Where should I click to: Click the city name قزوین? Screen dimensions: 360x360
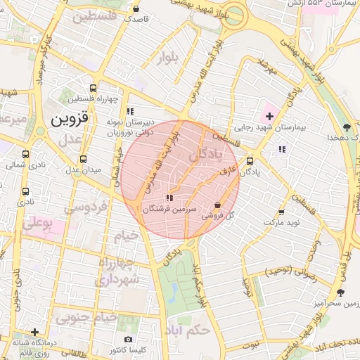(x=70, y=119)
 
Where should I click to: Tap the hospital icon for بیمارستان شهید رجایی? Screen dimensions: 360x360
(x=270, y=115)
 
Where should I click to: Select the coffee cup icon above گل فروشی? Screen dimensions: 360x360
(x=217, y=205)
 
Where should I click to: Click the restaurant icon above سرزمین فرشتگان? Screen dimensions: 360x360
(x=169, y=198)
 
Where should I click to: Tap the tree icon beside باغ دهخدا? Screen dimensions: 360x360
(x=347, y=127)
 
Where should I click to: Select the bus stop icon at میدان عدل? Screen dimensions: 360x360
(x=84, y=159)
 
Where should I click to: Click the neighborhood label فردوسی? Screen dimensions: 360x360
(x=84, y=208)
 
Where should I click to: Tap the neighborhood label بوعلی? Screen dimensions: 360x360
(x=38, y=225)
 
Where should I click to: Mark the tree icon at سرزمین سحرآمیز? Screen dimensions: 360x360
(x=341, y=292)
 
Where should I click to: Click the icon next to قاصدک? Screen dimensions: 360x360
(x=136, y=8)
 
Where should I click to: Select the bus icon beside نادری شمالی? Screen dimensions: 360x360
(x=26, y=155)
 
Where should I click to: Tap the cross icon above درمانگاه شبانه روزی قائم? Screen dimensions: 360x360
(x=34, y=332)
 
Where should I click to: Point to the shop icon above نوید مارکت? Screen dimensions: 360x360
(x=281, y=212)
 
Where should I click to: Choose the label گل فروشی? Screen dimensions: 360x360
(x=217, y=216)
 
